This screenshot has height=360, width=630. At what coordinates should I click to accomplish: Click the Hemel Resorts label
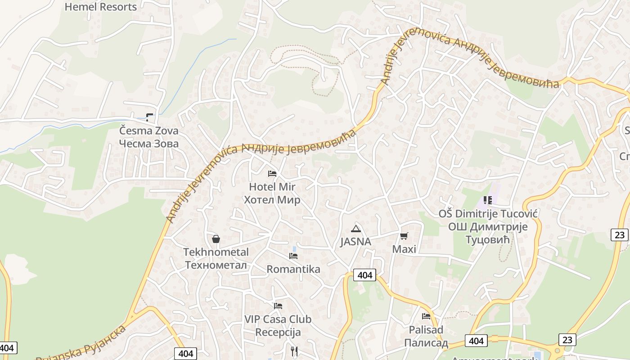pos(100,7)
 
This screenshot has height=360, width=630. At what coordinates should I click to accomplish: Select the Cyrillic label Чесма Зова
pos(149,144)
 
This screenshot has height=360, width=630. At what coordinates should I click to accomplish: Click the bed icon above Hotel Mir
pos(272,173)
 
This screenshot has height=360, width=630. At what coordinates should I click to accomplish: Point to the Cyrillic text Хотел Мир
pos(272,200)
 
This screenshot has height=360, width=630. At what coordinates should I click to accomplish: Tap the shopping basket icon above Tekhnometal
pos(216,239)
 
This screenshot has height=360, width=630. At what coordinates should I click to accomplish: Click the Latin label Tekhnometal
pos(216,252)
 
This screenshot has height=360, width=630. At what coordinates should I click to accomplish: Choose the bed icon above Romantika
pos(293,256)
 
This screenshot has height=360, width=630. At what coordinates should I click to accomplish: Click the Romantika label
pos(293,269)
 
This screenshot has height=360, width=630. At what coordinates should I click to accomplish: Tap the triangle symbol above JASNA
pos(356,229)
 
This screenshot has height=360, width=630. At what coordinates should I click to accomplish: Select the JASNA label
pos(355,242)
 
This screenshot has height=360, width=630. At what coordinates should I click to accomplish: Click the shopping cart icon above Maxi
pos(404,236)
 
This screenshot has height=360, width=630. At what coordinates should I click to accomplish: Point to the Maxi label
pos(404,249)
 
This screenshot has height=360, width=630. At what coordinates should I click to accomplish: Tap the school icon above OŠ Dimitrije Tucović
pos(488,200)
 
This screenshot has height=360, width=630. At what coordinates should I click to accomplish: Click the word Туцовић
pos(487,240)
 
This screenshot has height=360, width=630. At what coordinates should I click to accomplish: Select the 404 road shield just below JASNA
pos(364,275)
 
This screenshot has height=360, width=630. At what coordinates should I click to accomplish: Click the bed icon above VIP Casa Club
pos(278,306)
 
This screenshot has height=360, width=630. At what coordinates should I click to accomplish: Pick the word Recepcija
pos(278,333)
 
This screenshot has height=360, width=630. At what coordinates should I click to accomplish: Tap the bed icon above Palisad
pos(426,316)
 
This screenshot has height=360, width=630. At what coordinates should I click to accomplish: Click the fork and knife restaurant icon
pos(294,351)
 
